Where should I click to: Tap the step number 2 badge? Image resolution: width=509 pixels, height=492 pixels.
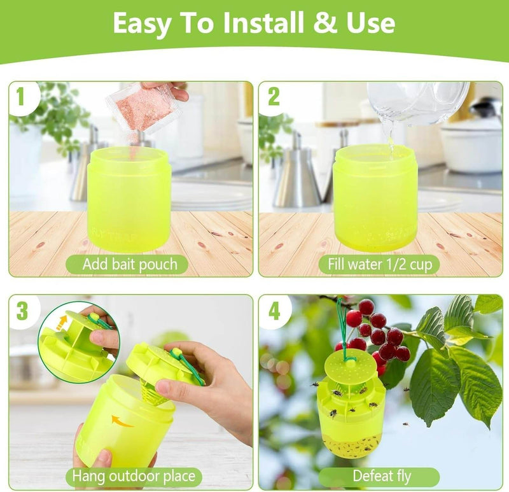(x=274, y=97)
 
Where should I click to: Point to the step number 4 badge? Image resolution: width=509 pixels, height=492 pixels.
(x=274, y=311)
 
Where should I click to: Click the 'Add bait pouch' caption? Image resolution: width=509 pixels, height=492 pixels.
(x=130, y=264)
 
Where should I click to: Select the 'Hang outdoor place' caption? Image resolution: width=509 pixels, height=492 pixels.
(x=134, y=476)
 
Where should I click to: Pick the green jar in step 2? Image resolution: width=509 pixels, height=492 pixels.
(x=375, y=197)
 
